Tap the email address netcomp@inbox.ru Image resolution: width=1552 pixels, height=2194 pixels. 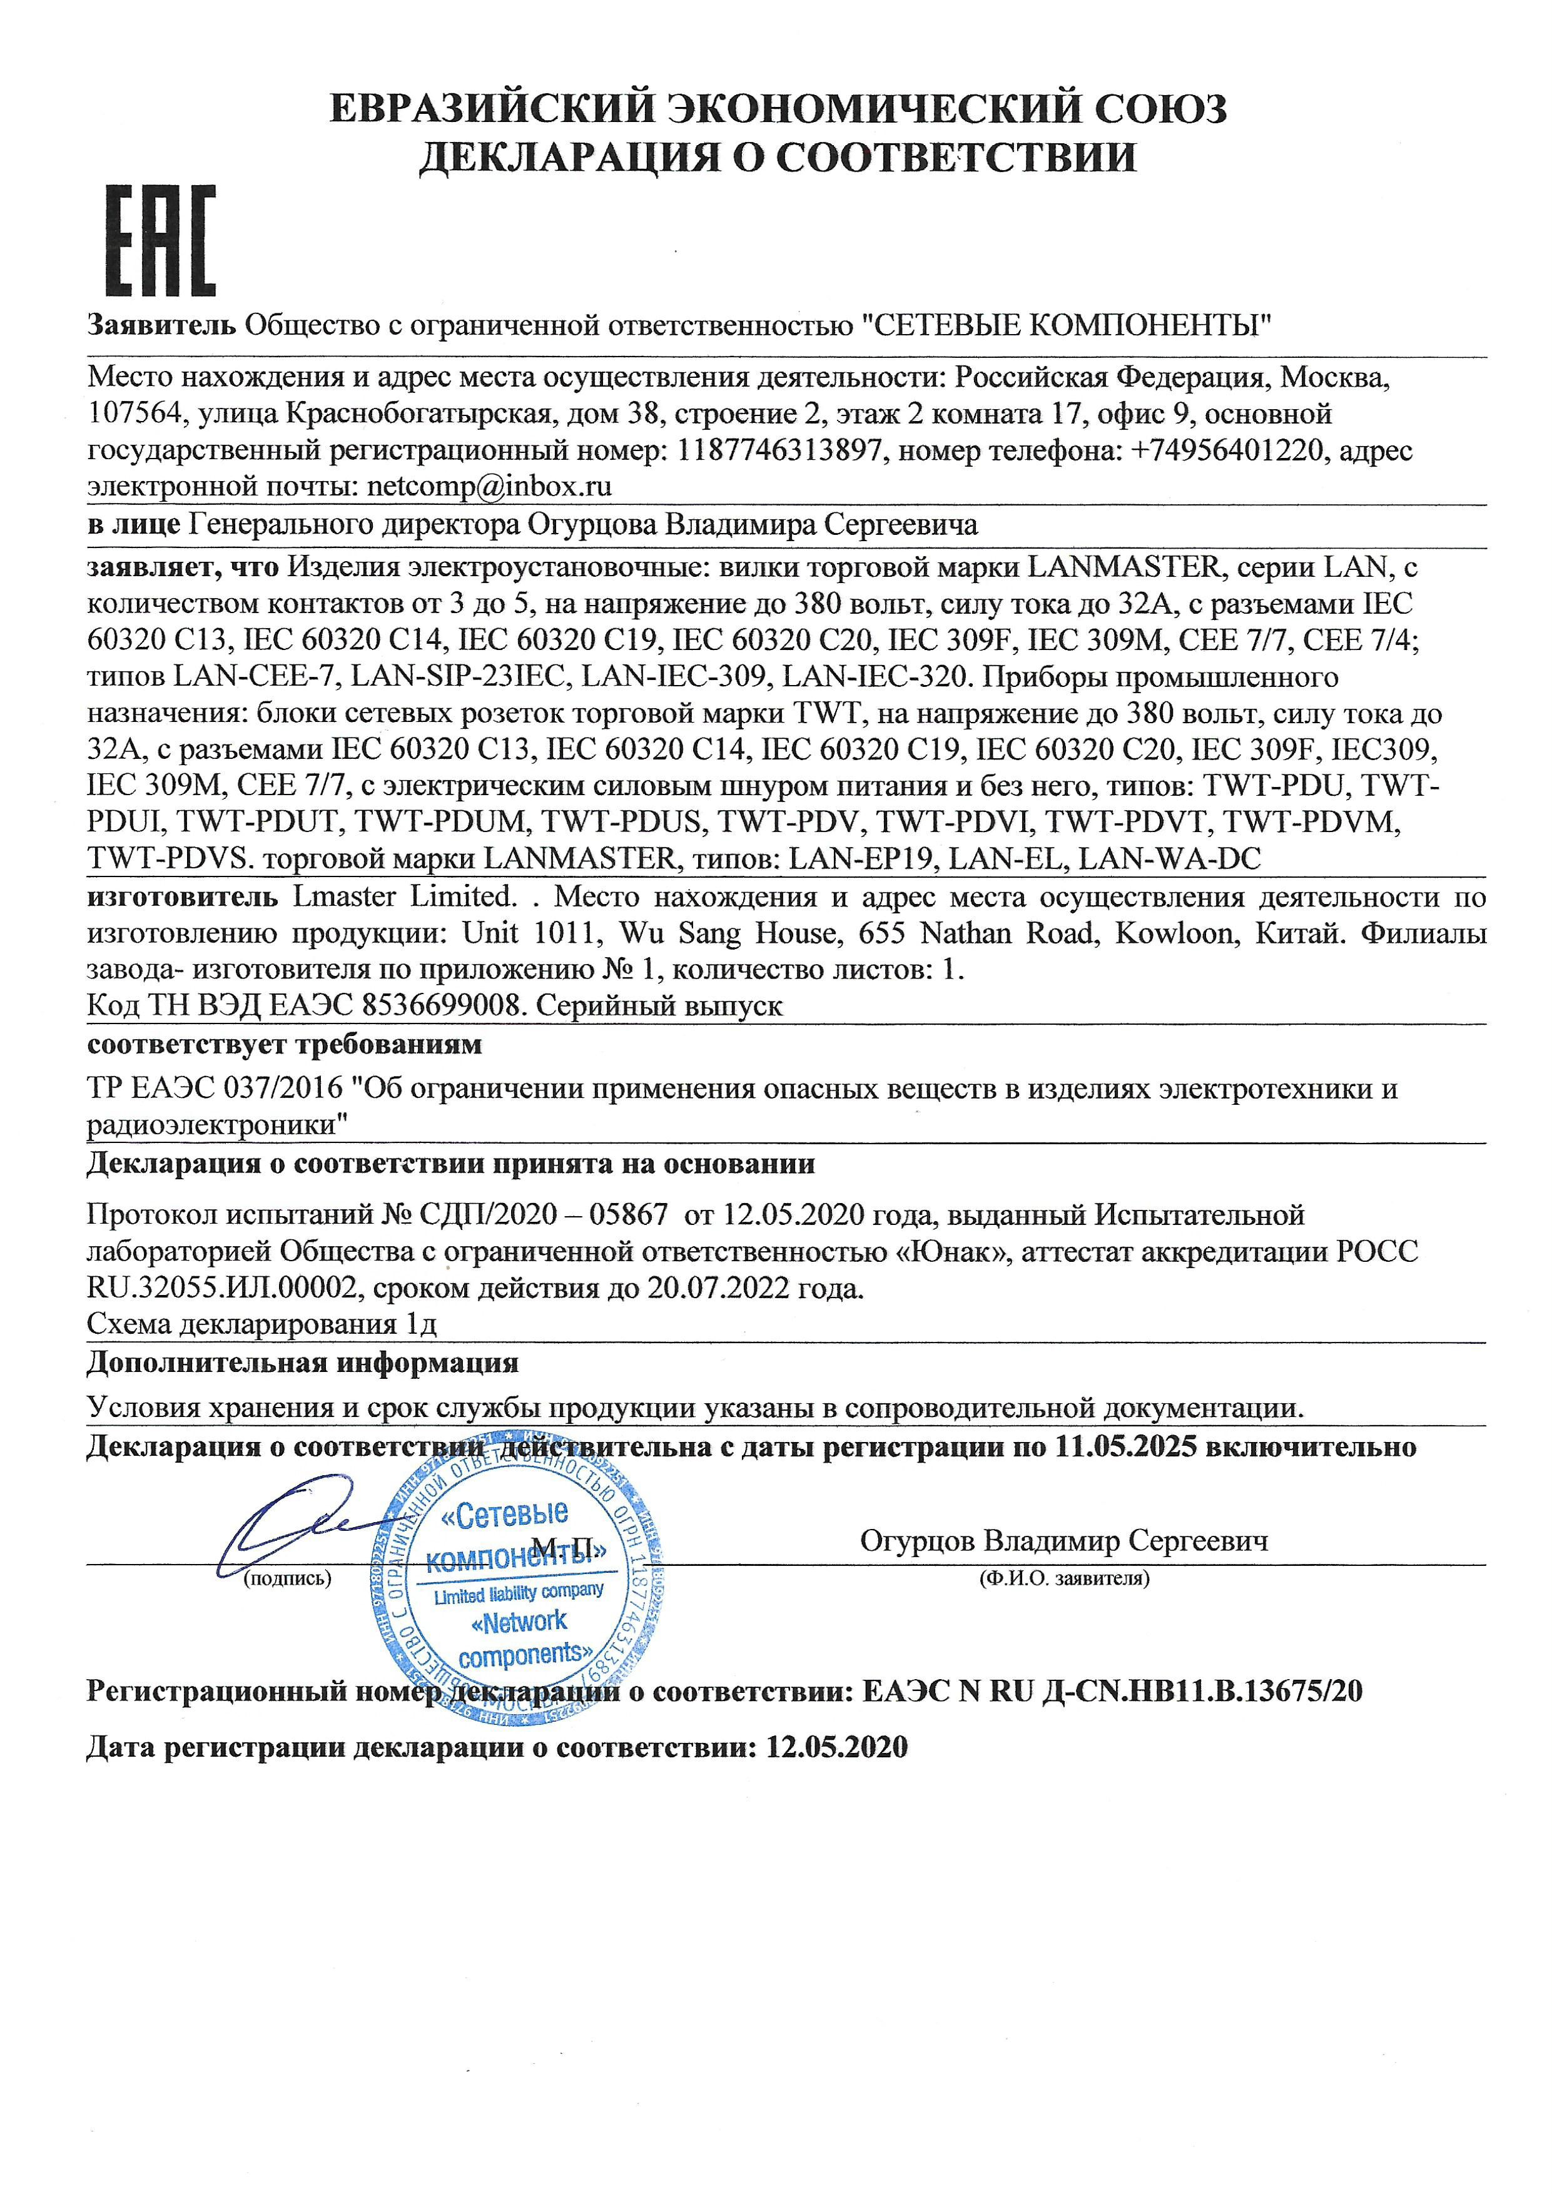click(x=489, y=486)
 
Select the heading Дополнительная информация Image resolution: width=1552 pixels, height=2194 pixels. click(x=303, y=1362)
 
